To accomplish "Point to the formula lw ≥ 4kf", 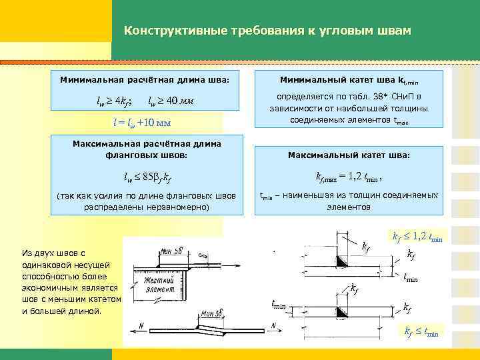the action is [x=114, y=101].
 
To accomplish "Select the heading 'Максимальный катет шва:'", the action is [x=349, y=155].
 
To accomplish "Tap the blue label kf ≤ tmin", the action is [x=421, y=331].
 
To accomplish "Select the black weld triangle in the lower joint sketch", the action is [x=341, y=312].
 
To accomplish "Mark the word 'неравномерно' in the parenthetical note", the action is [x=179, y=207].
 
